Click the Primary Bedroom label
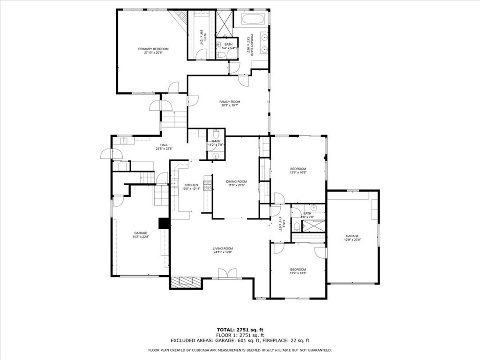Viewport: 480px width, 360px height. pyautogui.click(x=153, y=49)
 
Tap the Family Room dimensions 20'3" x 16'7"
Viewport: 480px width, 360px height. pyautogui.click(x=230, y=105)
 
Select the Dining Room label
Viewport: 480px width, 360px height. pyautogui.click(x=236, y=181)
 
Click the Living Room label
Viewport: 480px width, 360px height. pyautogui.click(x=223, y=248)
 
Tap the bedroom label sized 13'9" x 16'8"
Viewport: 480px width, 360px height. pyautogui.click(x=298, y=169)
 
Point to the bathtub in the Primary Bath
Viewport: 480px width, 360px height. pyautogui.click(x=253, y=20)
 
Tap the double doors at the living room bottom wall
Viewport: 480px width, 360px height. pyautogui.click(x=227, y=273)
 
